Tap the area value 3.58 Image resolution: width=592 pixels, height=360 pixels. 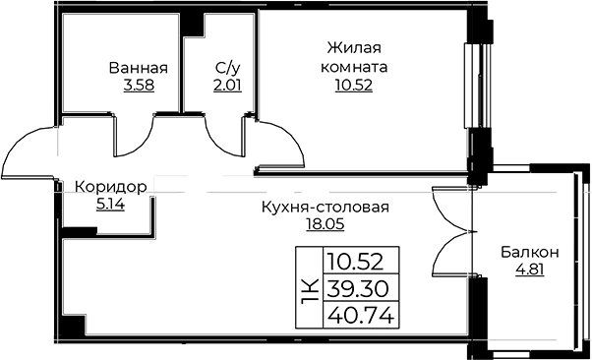click(x=139, y=87)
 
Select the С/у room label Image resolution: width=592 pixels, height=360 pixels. click(x=227, y=69)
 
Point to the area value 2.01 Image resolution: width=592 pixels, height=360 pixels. click(x=227, y=87)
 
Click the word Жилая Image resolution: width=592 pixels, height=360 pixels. click(x=354, y=48)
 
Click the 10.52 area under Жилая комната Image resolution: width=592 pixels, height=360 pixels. click(x=354, y=86)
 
